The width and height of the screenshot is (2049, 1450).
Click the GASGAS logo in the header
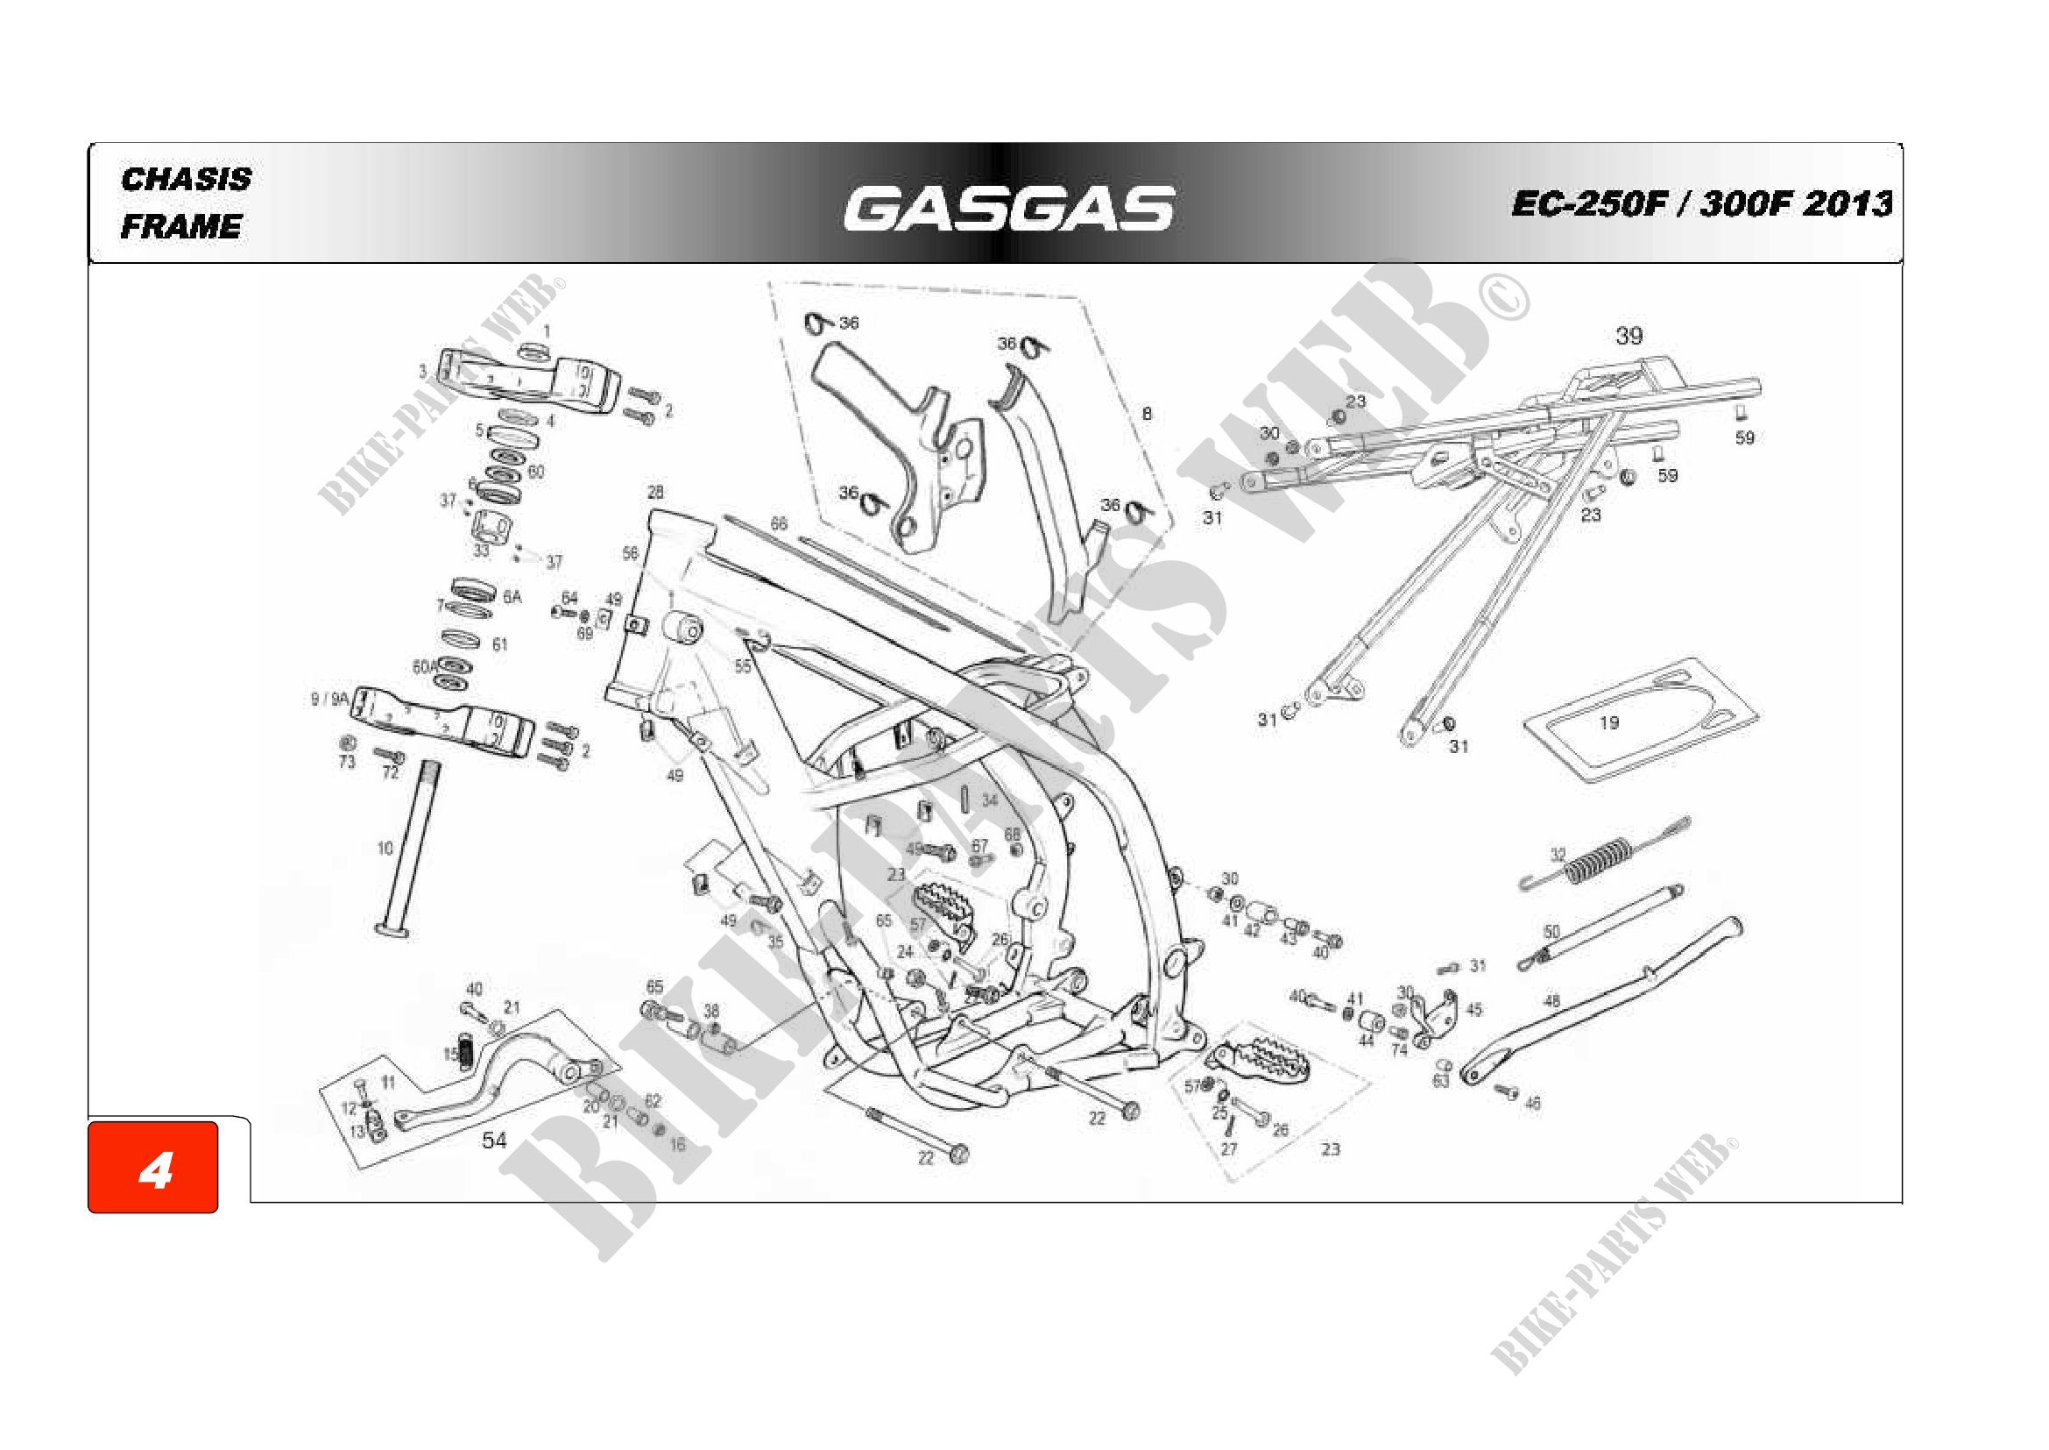[1008, 209]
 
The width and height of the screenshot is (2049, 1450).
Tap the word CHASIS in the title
[186, 180]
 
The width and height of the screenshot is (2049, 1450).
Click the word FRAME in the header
[181, 227]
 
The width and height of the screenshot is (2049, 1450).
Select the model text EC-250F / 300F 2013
[1701, 203]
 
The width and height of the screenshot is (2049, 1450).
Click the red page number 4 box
[153, 1168]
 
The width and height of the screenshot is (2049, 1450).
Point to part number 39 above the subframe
[1629, 337]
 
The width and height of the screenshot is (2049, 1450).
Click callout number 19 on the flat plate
[1608, 722]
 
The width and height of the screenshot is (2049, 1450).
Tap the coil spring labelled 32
[1602, 860]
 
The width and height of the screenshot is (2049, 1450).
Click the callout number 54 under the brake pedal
[493, 1141]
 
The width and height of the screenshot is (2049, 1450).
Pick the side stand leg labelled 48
[1598, 1009]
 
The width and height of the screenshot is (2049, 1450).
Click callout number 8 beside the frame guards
[1147, 414]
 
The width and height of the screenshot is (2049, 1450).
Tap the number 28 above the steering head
[655, 492]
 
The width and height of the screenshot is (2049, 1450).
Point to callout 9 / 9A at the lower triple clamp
[329, 699]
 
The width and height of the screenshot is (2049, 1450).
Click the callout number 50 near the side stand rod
[1551, 932]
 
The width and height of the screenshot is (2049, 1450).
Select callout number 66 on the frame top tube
[779, 523]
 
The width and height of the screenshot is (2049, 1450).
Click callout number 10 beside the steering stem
[385, 849]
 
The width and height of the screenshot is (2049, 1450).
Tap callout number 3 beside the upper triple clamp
[423, 372]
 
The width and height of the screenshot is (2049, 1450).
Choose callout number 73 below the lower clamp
[346, 762]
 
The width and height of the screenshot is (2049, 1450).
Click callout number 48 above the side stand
[1551, 1001]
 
